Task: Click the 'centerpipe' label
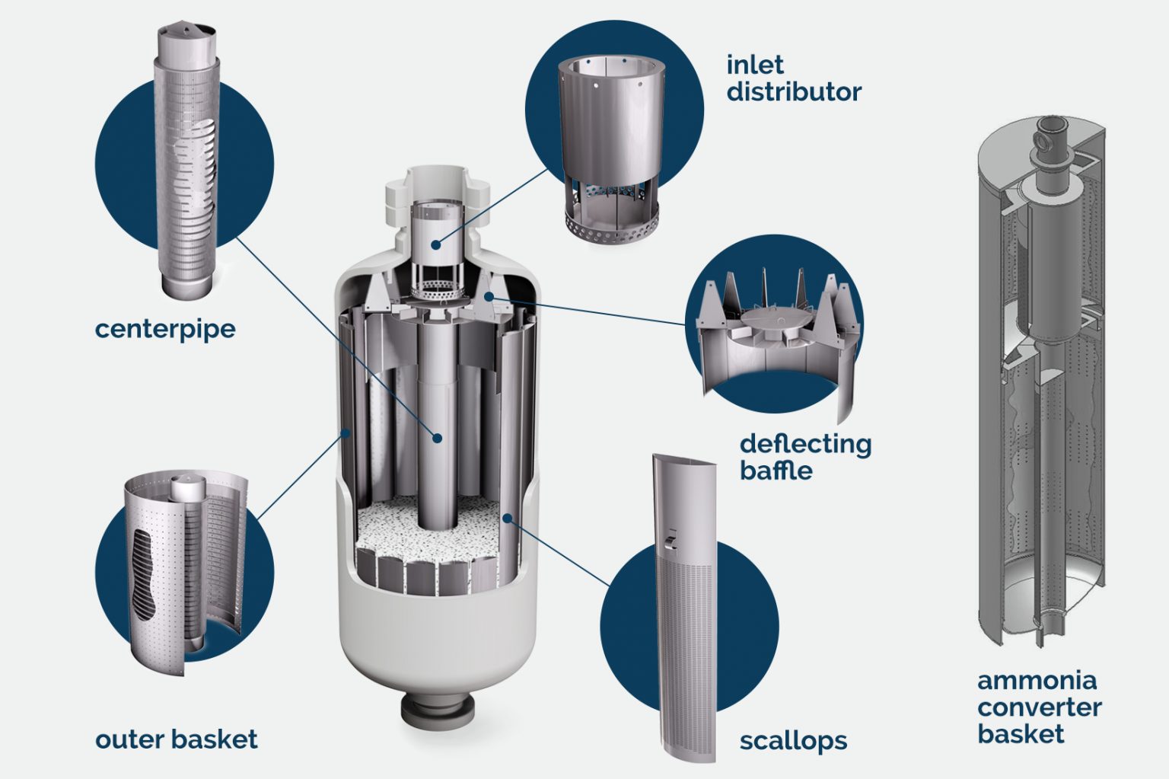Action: tap(165, 329)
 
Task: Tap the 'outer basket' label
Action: tap(176, 739)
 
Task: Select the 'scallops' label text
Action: tap(793, 740)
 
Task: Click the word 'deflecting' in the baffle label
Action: tap(805, 444)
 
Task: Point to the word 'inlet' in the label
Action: tap(754, 65)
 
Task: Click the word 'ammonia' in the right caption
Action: tap(1037, 679)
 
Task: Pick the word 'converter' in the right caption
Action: tap(1039, 707)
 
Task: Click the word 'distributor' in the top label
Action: tap(794, 92)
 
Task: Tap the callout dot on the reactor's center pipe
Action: tap(437, 438)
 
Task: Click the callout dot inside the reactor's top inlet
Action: tap(435, 244)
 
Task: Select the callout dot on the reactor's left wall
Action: tap(346, 433)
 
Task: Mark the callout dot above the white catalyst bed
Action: tap(507, 519)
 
